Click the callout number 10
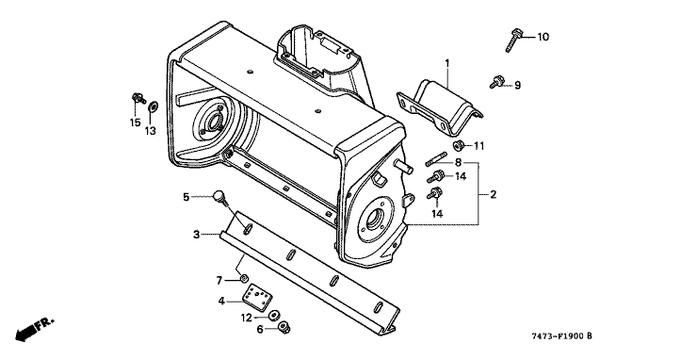point(543,37)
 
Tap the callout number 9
point(517,85)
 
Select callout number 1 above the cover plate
point(446,64)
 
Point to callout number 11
point(478,146)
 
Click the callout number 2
point(493,194)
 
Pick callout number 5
point(186,197)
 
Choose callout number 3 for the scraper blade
point(196,235)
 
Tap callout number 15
point(135,123)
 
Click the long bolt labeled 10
point(513,41)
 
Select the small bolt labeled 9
point(496,82)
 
